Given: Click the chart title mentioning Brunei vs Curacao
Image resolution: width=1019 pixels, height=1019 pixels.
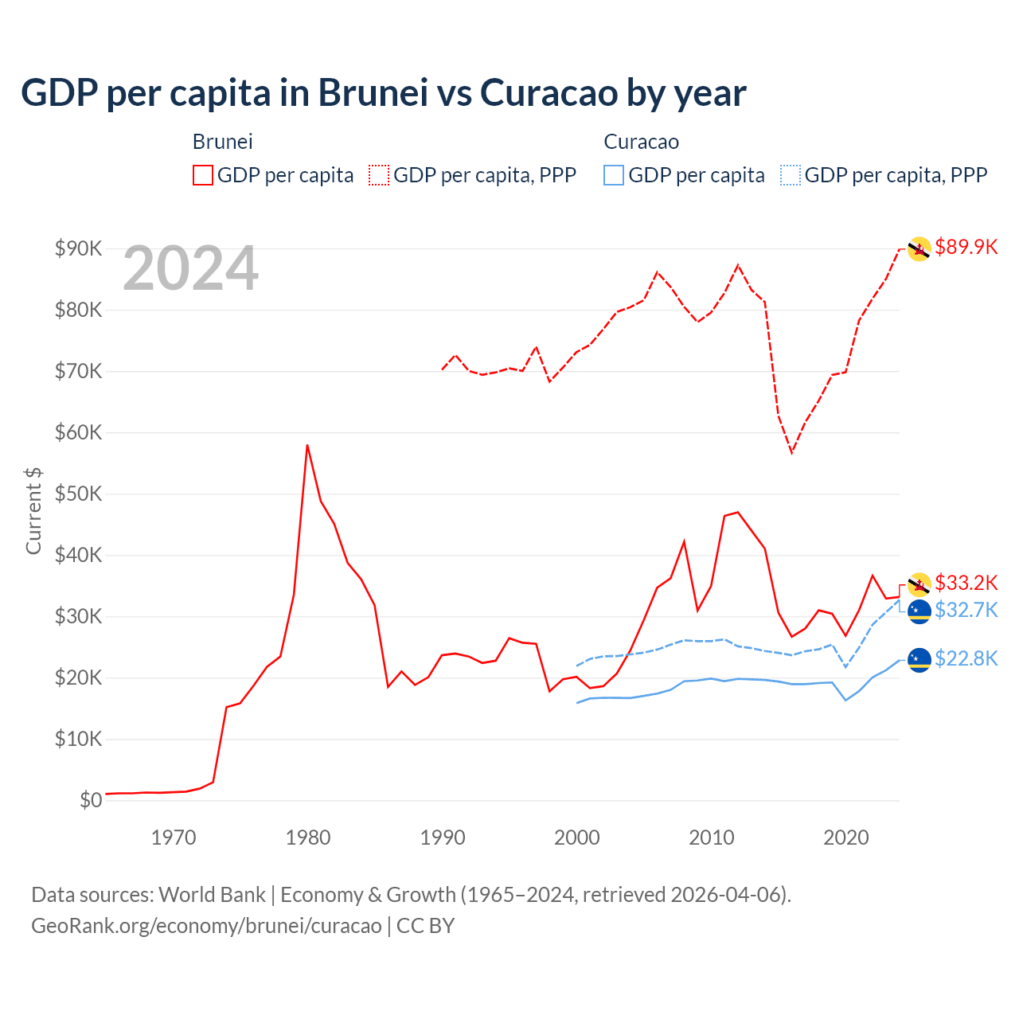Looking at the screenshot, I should click(383, 92).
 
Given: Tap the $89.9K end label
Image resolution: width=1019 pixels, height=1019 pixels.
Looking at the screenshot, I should click(966, 247).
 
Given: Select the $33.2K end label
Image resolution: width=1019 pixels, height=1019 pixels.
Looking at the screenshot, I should click(966, 583).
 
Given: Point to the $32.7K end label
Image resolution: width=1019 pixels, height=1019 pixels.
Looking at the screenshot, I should click(966, 610).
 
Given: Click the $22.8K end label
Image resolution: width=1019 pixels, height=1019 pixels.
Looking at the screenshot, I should click(966, 658).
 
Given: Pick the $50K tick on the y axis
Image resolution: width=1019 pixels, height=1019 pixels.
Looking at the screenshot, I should click(78, 494).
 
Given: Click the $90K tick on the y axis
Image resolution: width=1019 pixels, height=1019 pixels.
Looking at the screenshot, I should click(78, 248).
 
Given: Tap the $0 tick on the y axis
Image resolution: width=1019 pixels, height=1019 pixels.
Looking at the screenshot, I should click(90, 800).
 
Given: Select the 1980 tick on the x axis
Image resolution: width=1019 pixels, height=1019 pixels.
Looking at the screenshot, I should click(308, 837).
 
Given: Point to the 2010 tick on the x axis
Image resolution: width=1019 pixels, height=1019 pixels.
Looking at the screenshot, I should click(711, 837).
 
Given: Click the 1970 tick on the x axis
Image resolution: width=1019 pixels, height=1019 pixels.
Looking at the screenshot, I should click(174, 837).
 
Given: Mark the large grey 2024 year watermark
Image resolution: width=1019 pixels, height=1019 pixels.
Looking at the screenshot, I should click(190, 269).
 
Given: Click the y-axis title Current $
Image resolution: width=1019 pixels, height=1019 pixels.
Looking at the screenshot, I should click(33, 511).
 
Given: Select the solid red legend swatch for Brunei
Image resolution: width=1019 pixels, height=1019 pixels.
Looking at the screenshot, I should click(203, 175).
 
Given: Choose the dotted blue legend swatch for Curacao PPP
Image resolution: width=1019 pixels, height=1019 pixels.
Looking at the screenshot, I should click(791, 175).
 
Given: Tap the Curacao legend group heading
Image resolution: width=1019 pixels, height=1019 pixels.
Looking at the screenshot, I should click(641, 142).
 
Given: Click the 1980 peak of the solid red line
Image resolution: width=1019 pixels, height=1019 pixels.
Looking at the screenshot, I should click(307, 445).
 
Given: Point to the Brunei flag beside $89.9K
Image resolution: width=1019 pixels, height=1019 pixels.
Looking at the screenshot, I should click(919, 249).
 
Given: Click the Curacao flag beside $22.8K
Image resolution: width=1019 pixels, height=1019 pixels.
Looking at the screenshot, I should click(919, 659).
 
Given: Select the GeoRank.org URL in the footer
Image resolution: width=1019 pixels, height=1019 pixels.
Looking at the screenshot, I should click(206, 926).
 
